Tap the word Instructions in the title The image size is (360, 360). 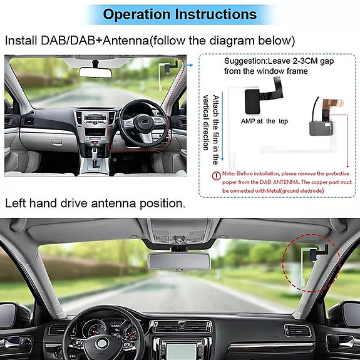[x=209, y=14]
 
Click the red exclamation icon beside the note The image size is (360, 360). [x=216, y=176]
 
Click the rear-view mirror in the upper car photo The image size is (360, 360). [x=95, y=71]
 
